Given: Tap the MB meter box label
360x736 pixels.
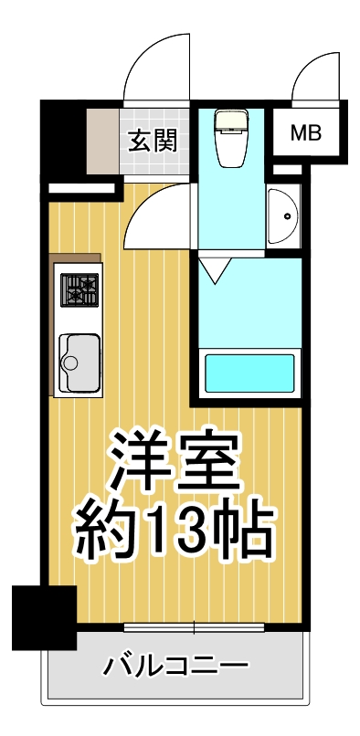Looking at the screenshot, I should tap(306, 133).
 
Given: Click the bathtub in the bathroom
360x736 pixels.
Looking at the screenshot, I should tap(249, 373).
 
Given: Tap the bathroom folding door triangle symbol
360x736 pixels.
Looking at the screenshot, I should tap(214, 270).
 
